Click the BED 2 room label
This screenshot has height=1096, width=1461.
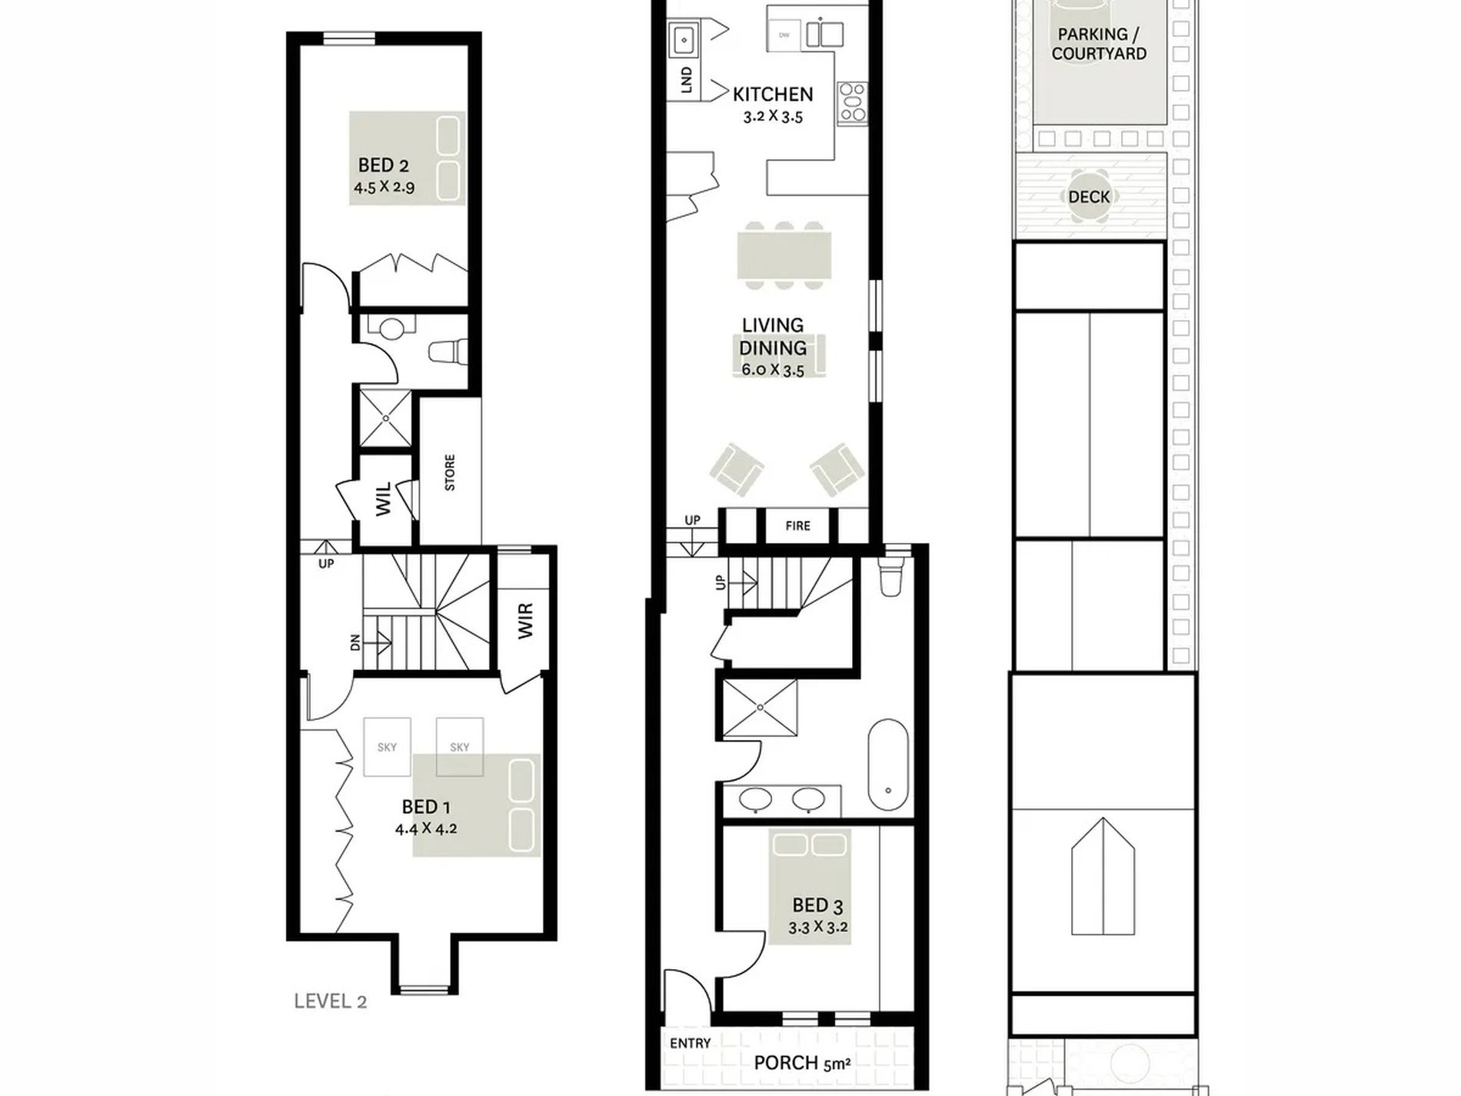383,165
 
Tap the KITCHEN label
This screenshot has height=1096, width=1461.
773,95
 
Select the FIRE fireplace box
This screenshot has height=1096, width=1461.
797,526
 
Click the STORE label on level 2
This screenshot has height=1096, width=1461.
450,472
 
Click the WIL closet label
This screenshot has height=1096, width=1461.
383,498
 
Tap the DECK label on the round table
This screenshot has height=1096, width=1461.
1089,197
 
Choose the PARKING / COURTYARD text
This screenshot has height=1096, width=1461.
1099,44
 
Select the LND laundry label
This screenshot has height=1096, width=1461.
687,79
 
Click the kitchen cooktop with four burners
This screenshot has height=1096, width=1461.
852,102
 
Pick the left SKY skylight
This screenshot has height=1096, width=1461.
387,747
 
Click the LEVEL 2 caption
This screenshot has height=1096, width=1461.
330,1001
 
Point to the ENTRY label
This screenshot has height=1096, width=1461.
690,1044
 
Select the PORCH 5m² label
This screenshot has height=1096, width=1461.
802,1064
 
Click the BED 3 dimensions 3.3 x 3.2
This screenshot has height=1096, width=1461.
818,928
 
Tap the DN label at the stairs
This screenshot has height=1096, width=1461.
355,642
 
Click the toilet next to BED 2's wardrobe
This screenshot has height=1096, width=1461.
448,351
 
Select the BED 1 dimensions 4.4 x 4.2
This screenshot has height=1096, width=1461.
426,829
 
